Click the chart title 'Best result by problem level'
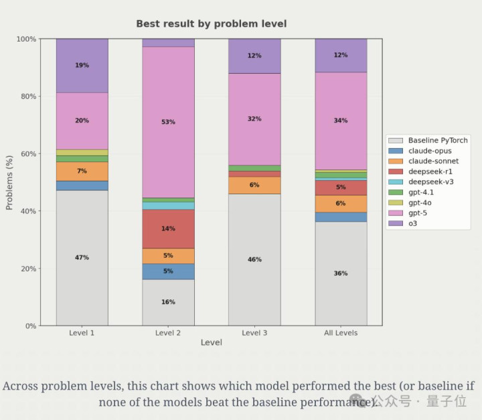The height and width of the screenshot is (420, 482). (211, 24)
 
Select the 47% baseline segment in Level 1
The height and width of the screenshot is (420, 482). (82, 258)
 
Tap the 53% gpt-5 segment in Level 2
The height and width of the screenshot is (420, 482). (168, 122)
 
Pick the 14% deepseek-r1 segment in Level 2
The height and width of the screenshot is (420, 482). (168, 229)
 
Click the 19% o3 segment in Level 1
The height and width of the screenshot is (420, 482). (82, 66)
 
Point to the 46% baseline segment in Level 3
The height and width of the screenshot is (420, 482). (254, 260)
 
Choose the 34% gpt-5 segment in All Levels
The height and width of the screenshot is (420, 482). (341, 121)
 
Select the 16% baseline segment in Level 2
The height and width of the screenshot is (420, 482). (168, 302)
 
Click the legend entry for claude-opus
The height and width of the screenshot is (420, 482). (429, 151)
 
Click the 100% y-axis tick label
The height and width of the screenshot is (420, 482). (25, 40)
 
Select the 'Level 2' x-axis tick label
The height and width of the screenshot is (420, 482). (168, 333)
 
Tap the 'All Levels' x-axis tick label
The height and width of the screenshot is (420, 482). (341, 333)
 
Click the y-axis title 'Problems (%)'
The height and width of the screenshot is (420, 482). (9, 182)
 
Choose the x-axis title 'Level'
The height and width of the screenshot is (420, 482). (211, 343)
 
